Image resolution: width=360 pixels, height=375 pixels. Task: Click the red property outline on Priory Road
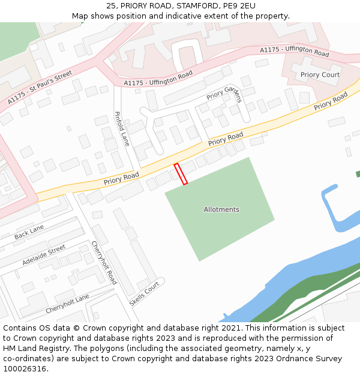(181, 173)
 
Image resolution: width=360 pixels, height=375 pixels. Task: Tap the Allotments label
(221, 209)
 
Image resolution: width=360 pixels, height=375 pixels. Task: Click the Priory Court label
(320, 75)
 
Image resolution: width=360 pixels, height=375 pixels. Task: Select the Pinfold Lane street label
(122, 129)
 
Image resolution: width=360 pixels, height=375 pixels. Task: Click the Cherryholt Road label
(104, 262)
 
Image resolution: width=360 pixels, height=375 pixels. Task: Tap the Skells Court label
(145, 293)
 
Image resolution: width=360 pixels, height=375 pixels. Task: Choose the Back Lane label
(29, 232)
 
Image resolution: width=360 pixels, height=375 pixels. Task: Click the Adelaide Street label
(44, 255)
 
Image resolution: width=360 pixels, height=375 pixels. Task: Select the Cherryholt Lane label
(67, 304)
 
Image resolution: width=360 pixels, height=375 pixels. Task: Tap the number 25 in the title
(112, 5)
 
